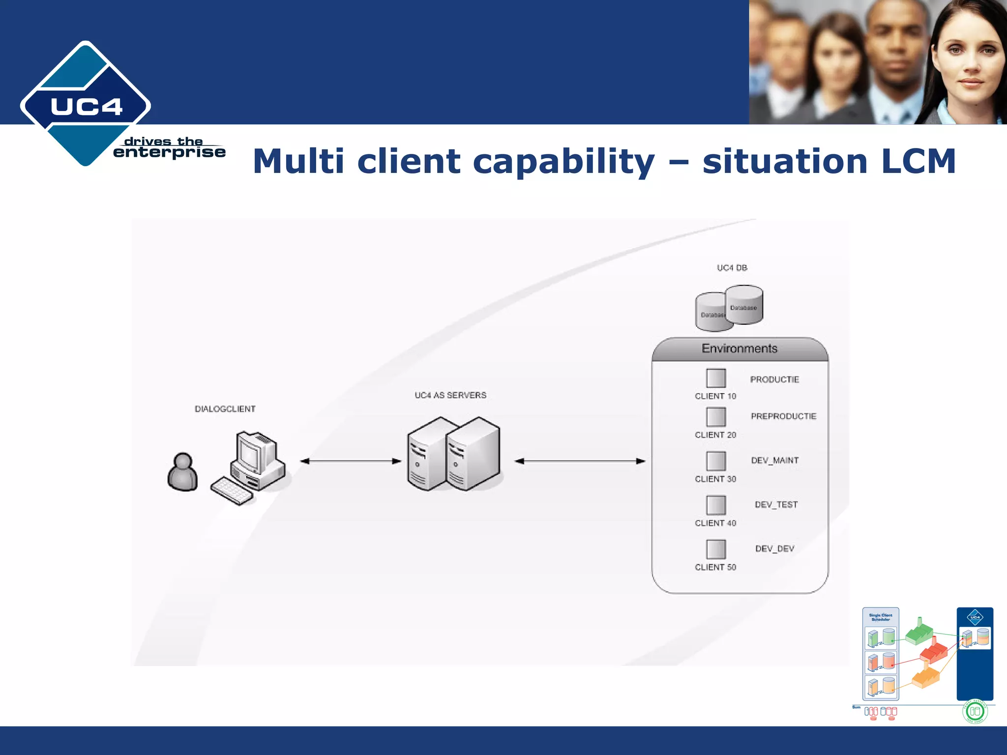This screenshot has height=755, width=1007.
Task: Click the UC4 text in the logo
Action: [x=86, y=107]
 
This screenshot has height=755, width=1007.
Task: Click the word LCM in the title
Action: [x=918, y=161]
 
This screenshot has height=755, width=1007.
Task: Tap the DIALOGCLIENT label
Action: [x=225, y=409]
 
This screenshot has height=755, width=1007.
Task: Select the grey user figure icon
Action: [x=182, y=472]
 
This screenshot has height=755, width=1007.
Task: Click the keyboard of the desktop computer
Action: [x=232, y=491]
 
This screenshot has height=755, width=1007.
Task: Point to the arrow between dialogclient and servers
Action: [x=351, y=461]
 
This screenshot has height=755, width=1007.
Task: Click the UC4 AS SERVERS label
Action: [x=450, y=395]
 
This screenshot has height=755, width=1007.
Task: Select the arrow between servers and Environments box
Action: [x=580, y=461]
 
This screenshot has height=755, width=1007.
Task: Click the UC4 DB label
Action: [x=732, y=268]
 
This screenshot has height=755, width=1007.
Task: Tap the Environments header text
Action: [x=740, y=348]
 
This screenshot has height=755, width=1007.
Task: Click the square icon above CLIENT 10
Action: [x=716, y=378]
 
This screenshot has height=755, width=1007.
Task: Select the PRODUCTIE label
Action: [x=774, y=379]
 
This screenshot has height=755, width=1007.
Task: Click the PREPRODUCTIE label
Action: [x=783, y=416]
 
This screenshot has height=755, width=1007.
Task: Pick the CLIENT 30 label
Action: [x=715, y=479]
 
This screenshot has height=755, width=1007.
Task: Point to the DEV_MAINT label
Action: [x=775, y=461]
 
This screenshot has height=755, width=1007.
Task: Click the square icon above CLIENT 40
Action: [x=716, y=505]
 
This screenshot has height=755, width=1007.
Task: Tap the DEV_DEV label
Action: [x=775, y=549]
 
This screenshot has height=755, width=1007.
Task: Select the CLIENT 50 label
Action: [x=715, y=567]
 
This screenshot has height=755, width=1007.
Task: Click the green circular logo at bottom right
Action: [x=975, y=711]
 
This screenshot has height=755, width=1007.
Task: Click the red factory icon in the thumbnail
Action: [x=933, y=652]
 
